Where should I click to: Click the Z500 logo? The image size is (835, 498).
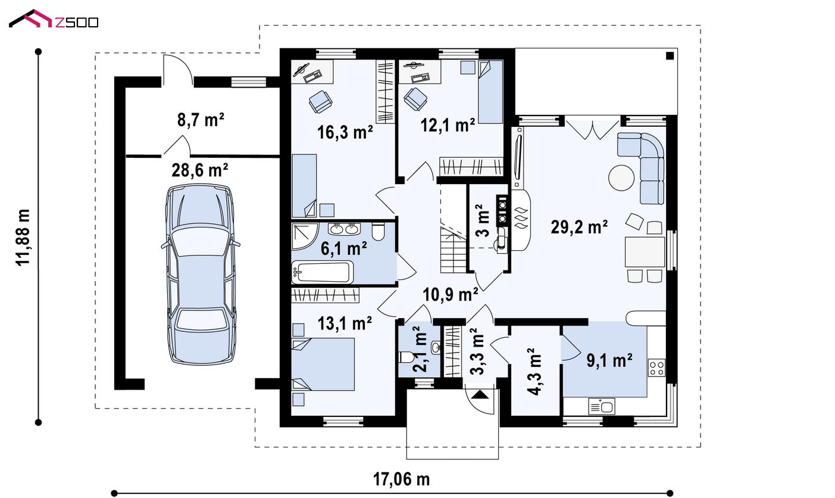pyautogui.click(x=54, y=19)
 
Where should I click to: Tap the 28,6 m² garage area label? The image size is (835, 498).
pyautogui.click(x=200, y=170)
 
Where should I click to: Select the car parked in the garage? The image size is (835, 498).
pyautogui.click(x=201, y=274)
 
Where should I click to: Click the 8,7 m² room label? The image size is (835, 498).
pyautogui.click(x=201, y=120)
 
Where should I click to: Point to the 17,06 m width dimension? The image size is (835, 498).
pyautogui.click(x=401, y=480)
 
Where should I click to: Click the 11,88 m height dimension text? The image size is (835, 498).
pyautogui.click(x=23, y=237)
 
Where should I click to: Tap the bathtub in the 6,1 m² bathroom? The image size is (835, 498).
pyautogui.click(x=323, y=272)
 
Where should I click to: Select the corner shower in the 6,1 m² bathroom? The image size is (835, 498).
pyautogui.click(x=305, y=236)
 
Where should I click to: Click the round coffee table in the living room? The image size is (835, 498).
pyautogui.click(x=621, y=178)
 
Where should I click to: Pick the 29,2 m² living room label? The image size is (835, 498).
pyautogui.click(x=579, y=227)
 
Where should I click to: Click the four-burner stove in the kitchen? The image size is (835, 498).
pyautogui.click(x=657, y=368)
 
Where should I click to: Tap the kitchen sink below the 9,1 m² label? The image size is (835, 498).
pyautogui.click(x=602, y=407)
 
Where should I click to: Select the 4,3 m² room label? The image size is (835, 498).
pyautogui.click(x=535, y=372)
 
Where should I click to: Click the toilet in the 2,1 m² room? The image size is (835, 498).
pyautogui.click(x=405, y=357)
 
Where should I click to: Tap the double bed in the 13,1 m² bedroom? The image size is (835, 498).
pyautogui.click(x=323, y=364)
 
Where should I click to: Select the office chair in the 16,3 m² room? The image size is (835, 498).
pyautogui.click(x=320, y=101)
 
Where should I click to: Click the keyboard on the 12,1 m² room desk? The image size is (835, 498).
pyautogui.click(x=420, y=77)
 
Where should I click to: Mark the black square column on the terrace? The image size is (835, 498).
pyautogui.click(x=670, y=56)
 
